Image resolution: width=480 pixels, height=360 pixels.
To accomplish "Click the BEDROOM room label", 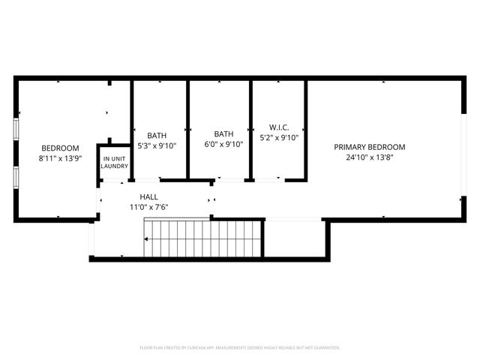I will tap(59, 148).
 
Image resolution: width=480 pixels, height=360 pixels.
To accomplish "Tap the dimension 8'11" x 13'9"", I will tap(59, 158).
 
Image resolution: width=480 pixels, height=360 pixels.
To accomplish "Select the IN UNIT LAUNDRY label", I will tap(115, 162).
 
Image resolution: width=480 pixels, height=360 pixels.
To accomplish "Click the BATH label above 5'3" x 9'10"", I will tap(157, 136).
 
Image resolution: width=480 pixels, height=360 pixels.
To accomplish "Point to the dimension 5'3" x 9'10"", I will tap(157, 145).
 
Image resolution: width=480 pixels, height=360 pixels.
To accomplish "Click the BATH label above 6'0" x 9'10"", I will tap(223, 134).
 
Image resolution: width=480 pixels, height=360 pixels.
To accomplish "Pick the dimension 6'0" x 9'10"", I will tap(223, 145).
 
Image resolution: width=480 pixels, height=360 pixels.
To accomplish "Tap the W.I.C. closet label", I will tap(279, 127).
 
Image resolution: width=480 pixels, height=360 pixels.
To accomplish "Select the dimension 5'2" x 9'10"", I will tap(279, 138).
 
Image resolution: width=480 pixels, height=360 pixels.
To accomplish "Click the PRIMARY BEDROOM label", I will tap(370, 147).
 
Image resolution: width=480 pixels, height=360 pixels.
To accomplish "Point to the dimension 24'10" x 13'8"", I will tap(370, 157).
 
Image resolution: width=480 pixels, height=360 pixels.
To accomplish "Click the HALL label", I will tap(148, 196).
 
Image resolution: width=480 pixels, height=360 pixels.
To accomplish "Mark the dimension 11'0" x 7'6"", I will tap(148, 207).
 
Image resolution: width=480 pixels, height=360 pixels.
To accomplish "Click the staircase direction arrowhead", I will tap(147, 239).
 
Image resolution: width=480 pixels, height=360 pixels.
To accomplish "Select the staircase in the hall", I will tap(202, 238).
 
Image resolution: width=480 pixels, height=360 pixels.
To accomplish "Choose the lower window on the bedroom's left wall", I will tap(15, 177).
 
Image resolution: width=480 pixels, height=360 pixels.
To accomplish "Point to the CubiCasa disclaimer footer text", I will tap(240, 347).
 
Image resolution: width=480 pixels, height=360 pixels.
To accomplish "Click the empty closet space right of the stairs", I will tap(294, 238).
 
